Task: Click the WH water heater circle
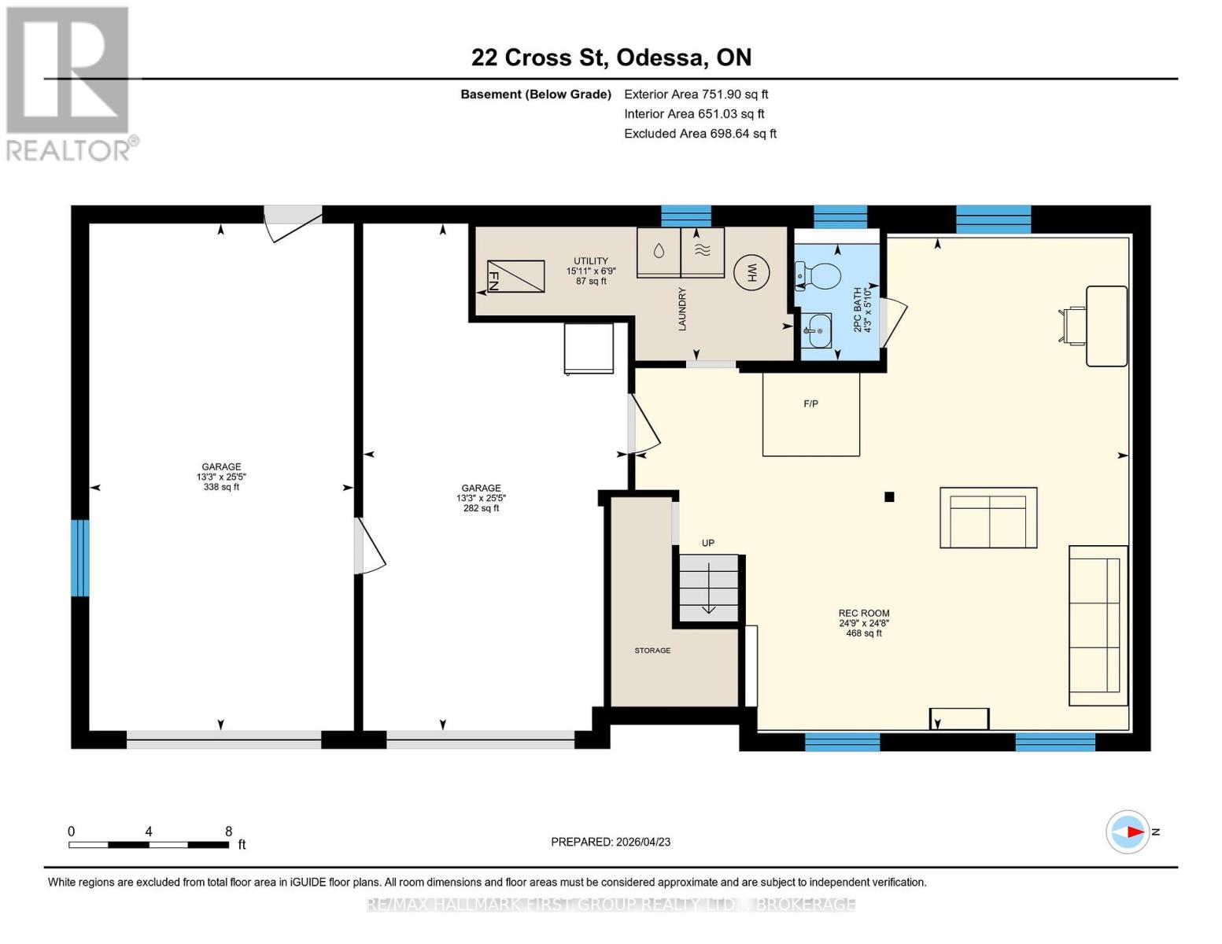[x=751, y=273]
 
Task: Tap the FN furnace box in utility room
[x=515, y=276]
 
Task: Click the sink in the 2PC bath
[x=818, y=331]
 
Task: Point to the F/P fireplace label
[x=810, y=404]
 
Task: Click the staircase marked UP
[x=708, y=588]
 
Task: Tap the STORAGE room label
[x=652, y=651]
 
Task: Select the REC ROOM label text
[x=863, y=614]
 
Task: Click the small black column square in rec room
[x=889, y=496]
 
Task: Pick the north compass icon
[x=1128, y=832]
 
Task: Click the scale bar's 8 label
[x=229, y=832]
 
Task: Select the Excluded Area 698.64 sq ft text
[x=700, y=134]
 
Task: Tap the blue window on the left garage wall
[x=79, y=558]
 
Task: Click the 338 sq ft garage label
[x=221, y=487]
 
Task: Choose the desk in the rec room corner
[x=1106, y=326]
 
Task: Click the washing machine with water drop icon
[x=658, y=253]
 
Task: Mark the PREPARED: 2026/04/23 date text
[x=611, y=842]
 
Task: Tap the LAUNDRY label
[x=682, y=309]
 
